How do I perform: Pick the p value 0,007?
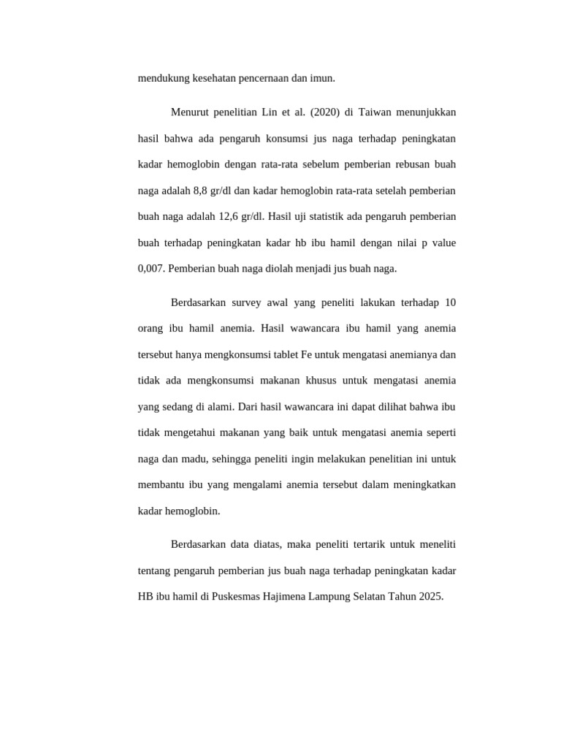[151, 268]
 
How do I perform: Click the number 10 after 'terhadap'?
[450, 302]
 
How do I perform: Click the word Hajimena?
[291, 596]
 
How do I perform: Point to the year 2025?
[430, 596]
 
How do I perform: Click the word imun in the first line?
[324, 78]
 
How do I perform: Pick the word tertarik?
[363, 544]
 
